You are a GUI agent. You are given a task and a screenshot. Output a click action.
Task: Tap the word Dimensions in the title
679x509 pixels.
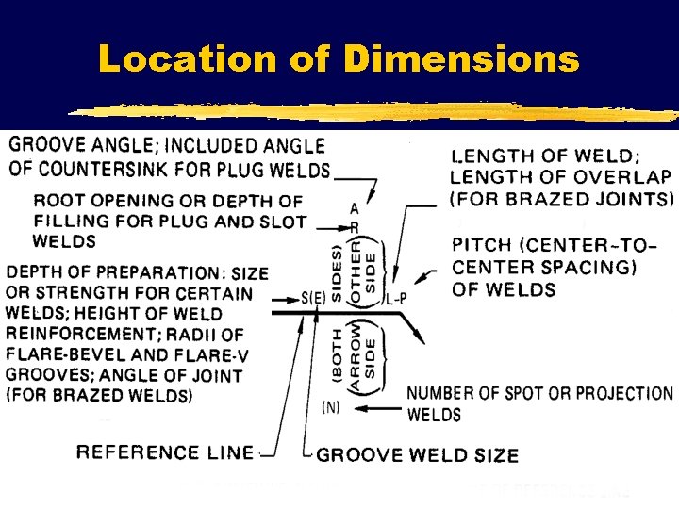click(x=461, y=59)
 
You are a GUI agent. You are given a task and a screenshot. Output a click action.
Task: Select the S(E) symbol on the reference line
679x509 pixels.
click(x=315, y=299)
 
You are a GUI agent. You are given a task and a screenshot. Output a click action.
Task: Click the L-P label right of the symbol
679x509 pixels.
click(x=396, y=299)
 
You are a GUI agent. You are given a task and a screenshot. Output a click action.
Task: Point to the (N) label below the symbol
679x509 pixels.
click(x=331, y=407)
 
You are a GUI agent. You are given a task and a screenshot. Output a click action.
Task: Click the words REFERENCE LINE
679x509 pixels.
click(x=166, y=453)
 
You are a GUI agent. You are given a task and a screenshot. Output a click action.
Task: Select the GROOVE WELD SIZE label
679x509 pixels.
click(x=418, y=455)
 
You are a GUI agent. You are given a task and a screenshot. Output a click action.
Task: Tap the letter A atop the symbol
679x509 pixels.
click(x=354, y=207)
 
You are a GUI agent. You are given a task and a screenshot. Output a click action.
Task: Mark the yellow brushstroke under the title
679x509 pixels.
click(x=377, y=109)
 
